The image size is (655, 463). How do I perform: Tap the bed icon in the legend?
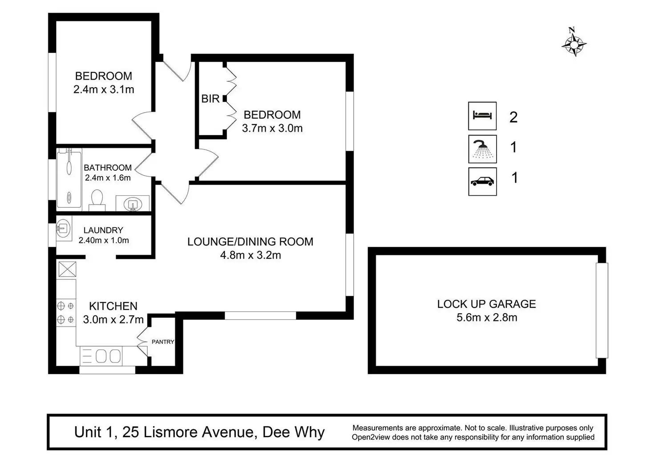point(482,116)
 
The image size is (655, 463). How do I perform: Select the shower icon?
point(482,149)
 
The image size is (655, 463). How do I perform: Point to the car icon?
point(482,181)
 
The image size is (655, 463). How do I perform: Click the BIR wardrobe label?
point(210,99)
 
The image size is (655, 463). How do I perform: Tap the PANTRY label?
point(163,342)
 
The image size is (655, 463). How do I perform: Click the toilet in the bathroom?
point(97,200)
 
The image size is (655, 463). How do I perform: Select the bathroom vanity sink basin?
point(133,204)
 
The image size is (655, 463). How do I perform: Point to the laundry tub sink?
point(64,228)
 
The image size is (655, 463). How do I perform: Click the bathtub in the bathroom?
point(69,179)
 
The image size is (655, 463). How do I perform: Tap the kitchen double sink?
point(108,356)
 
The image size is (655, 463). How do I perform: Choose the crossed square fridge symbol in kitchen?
point(67,269)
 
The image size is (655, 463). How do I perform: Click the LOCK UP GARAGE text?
point(486,304)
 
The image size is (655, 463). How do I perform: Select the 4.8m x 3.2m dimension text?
point(251,255)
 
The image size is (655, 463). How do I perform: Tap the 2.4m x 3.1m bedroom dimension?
point(104,89)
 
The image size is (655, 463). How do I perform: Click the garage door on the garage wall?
point(602,310)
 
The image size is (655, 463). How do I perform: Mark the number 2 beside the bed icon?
point(513,117)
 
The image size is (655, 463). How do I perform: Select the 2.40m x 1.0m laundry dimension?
point(104,240)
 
